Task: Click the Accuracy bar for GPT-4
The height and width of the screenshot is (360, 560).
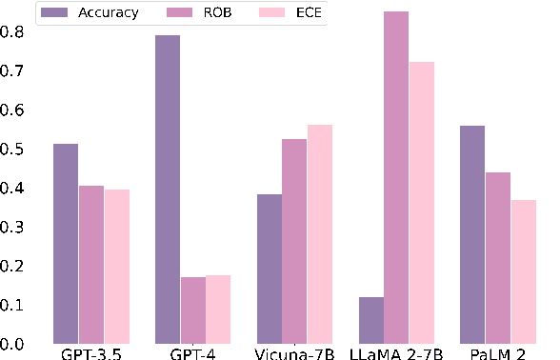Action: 168,190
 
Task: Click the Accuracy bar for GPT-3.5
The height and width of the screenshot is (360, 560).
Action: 66,244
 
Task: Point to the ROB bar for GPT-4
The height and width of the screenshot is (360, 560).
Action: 193,310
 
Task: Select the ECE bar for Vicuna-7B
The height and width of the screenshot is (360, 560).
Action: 320,234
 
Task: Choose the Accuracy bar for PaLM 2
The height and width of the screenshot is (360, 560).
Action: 472,234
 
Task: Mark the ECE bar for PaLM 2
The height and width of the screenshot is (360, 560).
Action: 524,271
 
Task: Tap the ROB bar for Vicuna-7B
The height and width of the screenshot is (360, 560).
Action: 295,241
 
